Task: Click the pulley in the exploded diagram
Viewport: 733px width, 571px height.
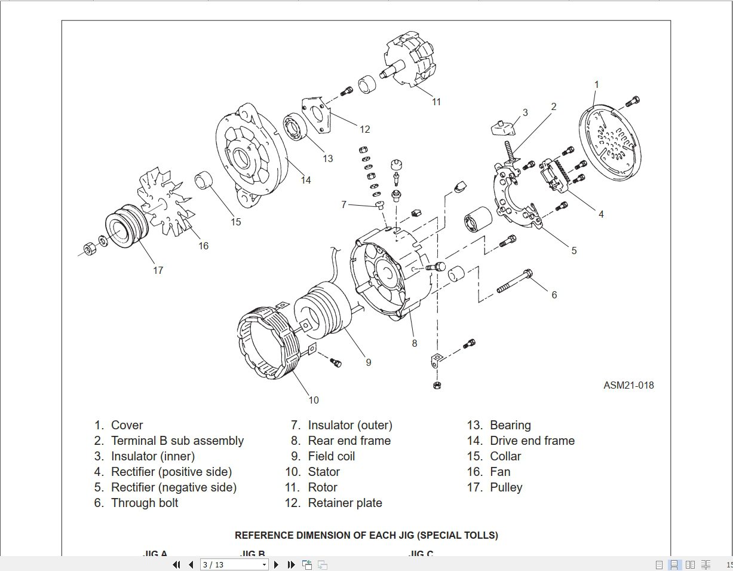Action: [x=123, y=227]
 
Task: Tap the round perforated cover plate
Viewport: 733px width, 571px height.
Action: [x=609, y=144]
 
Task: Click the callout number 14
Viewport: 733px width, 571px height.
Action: [x=305, y=180]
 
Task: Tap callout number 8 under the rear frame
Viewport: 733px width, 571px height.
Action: [x=414, y=343]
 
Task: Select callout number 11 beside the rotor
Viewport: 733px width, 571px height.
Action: [x=436, y=102]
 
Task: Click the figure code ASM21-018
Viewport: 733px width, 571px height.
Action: [x=628, y=385]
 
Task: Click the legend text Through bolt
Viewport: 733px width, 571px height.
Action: [x=145, y=503]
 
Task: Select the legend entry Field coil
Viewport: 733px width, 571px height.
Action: [x=331, y=456]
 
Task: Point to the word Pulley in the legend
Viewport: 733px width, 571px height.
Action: [x=506, y=487]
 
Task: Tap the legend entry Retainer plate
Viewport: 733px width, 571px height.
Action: [x=345, y=503]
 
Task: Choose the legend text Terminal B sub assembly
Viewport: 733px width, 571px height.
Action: [x=177, y=441]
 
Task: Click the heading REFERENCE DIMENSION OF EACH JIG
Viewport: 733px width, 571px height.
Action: [x=366, y=535]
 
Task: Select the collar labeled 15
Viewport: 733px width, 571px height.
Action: [x=205, y=179]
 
